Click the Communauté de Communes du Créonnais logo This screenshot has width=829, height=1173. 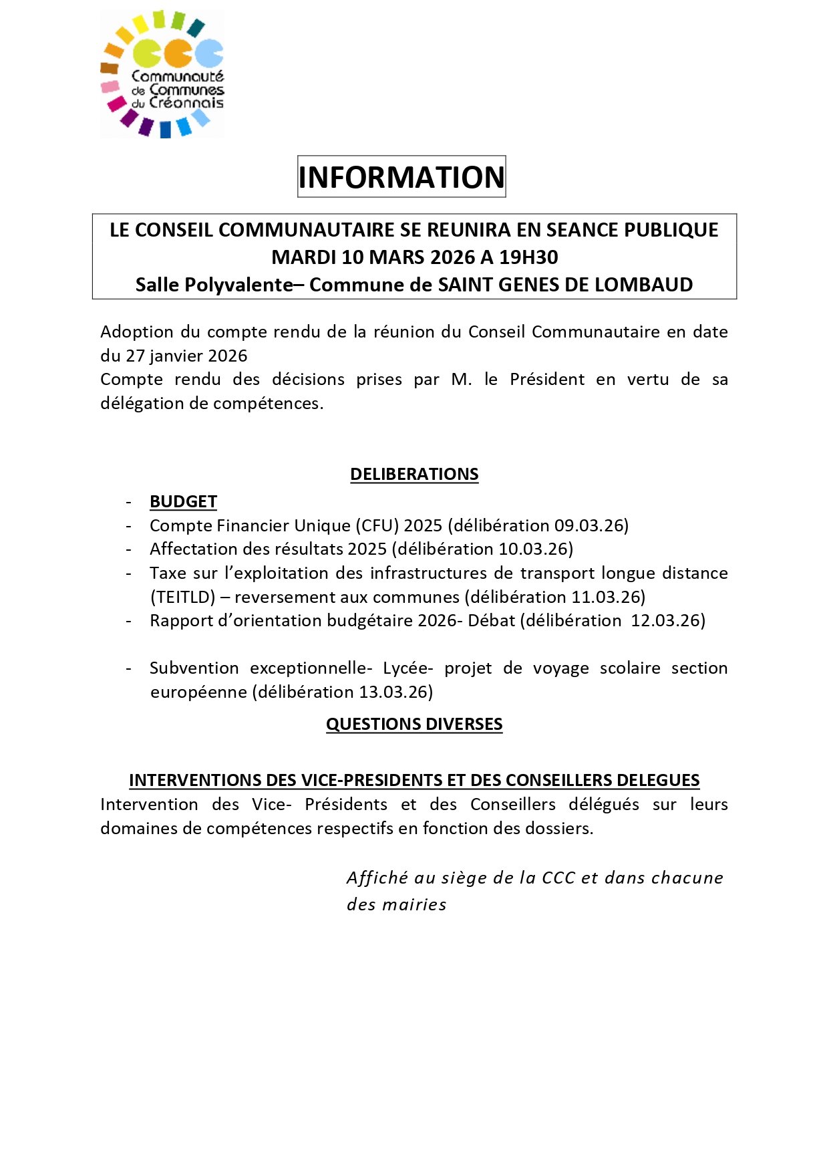(x=162, y=74)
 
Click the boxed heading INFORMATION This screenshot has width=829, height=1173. (x=401, y=177)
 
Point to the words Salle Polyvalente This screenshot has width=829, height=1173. (x=214, y=285)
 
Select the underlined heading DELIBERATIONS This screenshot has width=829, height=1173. (x=414, y=474)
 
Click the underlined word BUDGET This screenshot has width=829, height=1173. (x=183, y=501)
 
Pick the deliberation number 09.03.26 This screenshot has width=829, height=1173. (x=589, y=525)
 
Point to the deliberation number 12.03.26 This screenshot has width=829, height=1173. (x=665, y=620)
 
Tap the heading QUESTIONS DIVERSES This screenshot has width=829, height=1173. (x=414, y=724)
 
